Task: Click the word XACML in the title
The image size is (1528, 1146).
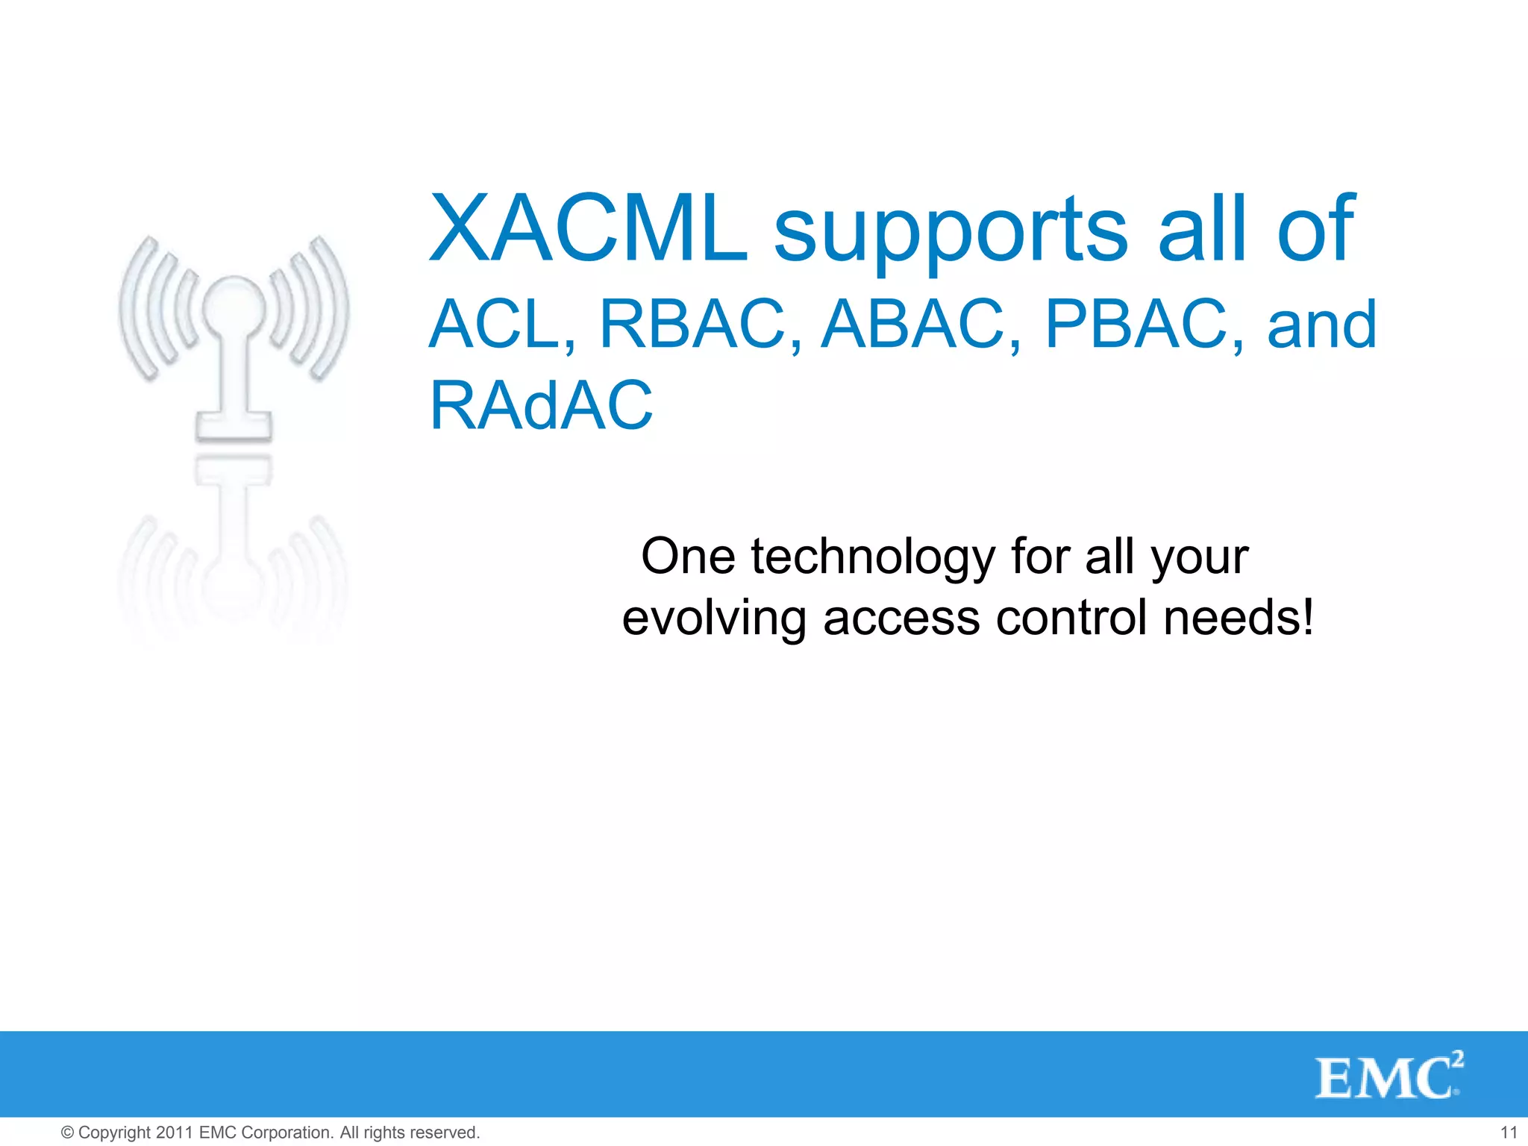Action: [588, 229]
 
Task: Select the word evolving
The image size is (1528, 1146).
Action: [714, 619]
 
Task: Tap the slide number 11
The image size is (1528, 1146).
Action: [1509, 1133]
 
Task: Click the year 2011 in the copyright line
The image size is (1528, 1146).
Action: [175, 1133]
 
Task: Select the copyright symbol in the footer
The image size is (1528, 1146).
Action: [67, 1133]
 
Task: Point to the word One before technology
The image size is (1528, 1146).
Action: [688, 557]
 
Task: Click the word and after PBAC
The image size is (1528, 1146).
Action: [1321, 325]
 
